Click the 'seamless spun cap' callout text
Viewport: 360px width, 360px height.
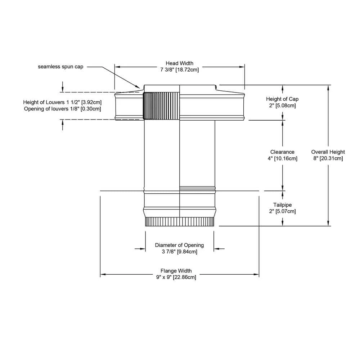pos(60,67)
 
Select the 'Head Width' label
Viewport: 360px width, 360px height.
pos(179,63)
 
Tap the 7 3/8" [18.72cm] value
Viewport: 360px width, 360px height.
pos(179,70)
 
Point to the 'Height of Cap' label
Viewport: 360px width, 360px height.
pos(282,99)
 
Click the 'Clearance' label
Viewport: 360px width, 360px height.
pos(282,152)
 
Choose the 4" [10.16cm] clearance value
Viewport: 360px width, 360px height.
pos(282,158)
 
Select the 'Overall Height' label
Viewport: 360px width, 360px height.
pos(328,152)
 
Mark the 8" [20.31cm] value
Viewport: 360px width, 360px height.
pos(328,158)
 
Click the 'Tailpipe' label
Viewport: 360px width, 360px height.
pos(282,205)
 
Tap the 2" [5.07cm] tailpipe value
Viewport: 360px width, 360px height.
pos(282,211)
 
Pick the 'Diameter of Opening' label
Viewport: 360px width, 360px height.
pos(179,245)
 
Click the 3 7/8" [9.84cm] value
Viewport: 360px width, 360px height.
pos(179,252)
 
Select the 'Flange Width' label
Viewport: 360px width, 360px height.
pos(176,271)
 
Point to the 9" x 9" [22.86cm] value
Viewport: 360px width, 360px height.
pos(176,277)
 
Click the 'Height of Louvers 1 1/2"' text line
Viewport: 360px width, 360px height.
pos(60,102)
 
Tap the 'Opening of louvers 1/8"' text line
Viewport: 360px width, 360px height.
pos(62,109)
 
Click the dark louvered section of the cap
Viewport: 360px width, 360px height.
pos(161,106)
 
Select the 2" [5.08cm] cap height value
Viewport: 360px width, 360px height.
pos(282,105)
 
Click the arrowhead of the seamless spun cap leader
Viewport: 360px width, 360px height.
pos(139,87)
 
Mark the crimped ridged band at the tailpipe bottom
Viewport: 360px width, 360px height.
pos(179,222)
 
